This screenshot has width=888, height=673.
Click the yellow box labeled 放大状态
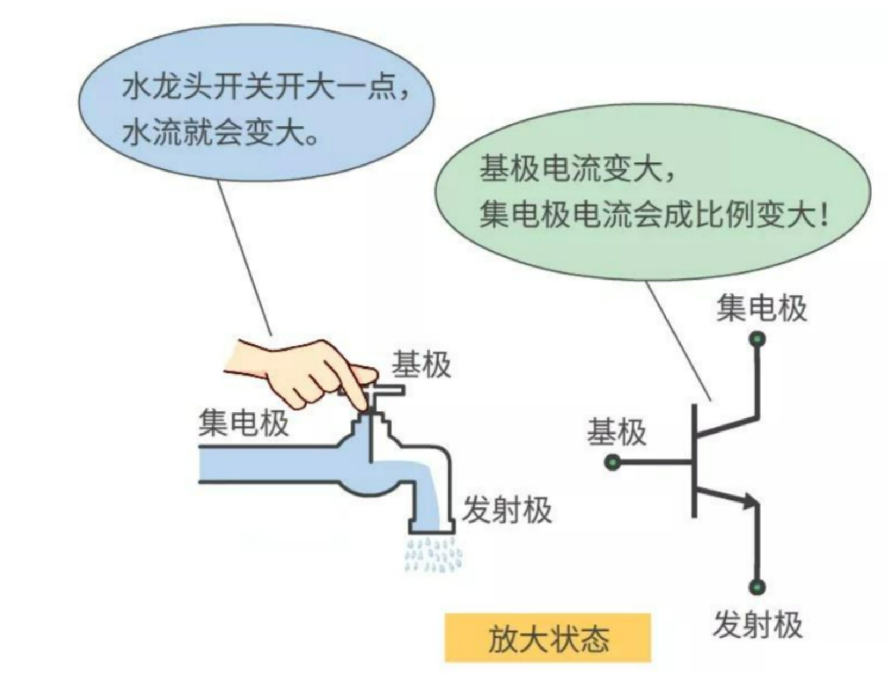point(547,638)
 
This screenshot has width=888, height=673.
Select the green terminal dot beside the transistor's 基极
point(613,462)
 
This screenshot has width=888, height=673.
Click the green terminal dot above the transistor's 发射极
point(757,587)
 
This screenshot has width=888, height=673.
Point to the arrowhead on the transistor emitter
point(750,501)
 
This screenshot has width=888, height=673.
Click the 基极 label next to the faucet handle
point(421,364)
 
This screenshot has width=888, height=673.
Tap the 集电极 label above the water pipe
point(243,422)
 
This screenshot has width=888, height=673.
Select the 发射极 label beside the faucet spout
point(507,510)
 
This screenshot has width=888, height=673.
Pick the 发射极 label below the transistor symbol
point(757,625)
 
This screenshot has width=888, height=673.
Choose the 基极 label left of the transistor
point(616,433)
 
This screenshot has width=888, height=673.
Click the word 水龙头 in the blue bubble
point(166,87)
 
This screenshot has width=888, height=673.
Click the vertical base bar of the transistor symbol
point(694,461)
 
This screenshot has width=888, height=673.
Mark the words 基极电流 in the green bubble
point(541,170)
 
